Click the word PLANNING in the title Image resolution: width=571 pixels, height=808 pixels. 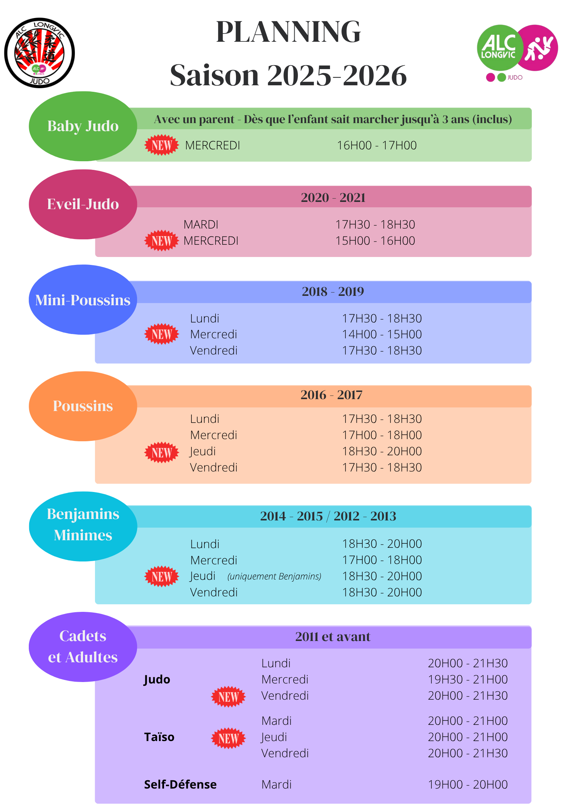[288, 32]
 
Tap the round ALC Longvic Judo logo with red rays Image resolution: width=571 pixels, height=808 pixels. [40, 53]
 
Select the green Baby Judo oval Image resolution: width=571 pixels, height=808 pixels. [83, 126]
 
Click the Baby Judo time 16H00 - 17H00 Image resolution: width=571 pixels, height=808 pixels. [377, 145]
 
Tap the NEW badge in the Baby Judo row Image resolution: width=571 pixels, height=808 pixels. [162, 145]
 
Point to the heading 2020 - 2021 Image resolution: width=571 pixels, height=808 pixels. [333, 198]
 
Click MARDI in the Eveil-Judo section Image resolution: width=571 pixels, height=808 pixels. [201, 225]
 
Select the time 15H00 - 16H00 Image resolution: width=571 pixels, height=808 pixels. [375, 241]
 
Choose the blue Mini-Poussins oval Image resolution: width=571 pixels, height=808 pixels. [83, 300]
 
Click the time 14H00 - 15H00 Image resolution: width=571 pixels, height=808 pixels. [382, 334]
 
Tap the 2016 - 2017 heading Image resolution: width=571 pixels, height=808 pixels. [331, 395]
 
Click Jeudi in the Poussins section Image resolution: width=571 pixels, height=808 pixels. [203, 451]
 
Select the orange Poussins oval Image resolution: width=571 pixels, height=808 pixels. [83, 406]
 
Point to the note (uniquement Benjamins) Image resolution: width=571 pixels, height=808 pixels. [274, 576]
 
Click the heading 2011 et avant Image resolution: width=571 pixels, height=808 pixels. [333, 637]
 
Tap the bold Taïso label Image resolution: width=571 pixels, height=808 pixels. [159, 737]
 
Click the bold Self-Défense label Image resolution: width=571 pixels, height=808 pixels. [180, 784]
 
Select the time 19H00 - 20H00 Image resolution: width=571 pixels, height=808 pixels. [468, 784]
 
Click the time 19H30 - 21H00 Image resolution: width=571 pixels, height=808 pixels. [468, 680]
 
